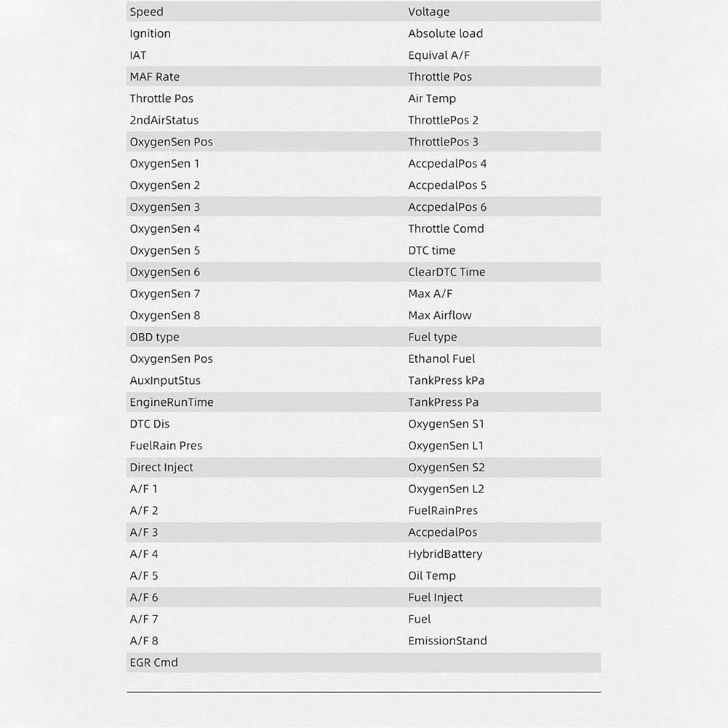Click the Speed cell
click(146, 12)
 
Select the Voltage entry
click(428, 12)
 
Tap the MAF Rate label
click(154, 76)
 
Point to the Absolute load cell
click(445, 33)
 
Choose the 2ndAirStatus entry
click(164, 120)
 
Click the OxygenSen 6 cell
click(164, 272)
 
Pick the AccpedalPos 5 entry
click(447, 185)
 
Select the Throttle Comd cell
click(446, 228)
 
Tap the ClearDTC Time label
click(446, 272)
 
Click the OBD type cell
click(154, 337)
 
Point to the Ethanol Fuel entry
click(441, 359)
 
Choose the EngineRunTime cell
click(172, 402)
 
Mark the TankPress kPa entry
click(446, 380)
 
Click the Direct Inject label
click(161, 467)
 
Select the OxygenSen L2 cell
click(446, 489)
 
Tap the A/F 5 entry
click(143, 575)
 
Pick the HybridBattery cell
click(445, 553)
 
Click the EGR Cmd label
click(153, 663)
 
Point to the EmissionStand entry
click(447, 641)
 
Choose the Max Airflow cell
click(439, 316)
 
